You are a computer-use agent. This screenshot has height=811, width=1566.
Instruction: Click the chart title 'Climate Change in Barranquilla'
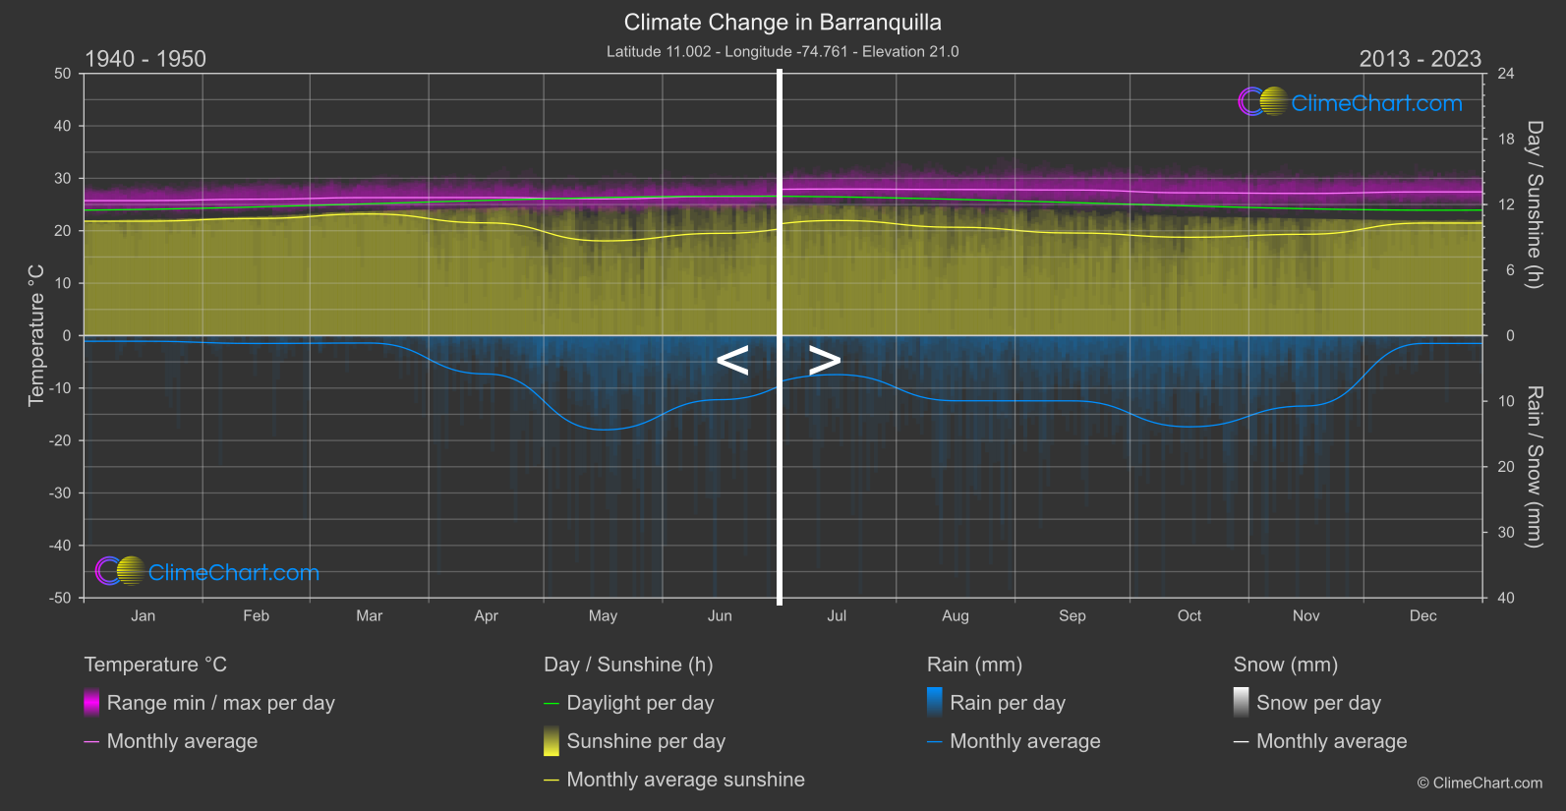point(783,23)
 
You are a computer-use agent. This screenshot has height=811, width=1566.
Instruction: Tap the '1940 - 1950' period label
point(145,59)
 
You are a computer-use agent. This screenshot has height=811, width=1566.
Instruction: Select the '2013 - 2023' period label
point(1420,59)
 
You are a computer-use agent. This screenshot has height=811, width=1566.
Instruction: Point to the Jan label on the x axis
point(144,616)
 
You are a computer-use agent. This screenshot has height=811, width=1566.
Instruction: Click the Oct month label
point(1189,616)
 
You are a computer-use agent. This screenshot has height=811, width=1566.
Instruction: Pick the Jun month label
point(720,616)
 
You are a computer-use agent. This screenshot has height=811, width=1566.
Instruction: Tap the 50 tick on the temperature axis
point(63,74)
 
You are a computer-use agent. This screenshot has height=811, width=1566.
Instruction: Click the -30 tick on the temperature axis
point(60,493)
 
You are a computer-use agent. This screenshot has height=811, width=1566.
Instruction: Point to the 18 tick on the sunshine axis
point(1506,140)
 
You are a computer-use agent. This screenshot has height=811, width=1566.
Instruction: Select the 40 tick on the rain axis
point(1506,598)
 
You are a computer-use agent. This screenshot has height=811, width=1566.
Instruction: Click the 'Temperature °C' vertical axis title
point(36,335)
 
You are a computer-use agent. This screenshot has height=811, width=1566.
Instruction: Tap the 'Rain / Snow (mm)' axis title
point(1534,466)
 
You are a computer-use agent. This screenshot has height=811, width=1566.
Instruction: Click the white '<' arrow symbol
point(732,361)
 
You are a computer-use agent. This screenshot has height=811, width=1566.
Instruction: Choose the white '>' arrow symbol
point(825,361)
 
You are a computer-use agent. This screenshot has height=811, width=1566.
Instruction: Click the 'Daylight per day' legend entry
point(640,703)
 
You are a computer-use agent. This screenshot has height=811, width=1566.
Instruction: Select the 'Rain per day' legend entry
point(1007,703)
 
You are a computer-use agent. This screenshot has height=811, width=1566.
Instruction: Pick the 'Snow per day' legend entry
point(1318,703)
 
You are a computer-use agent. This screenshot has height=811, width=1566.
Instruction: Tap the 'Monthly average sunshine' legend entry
point(685,780)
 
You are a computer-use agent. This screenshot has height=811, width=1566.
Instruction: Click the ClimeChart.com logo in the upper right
point(1351,102)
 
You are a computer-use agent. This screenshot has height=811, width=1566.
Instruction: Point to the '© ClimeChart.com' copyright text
point(1479,783)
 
